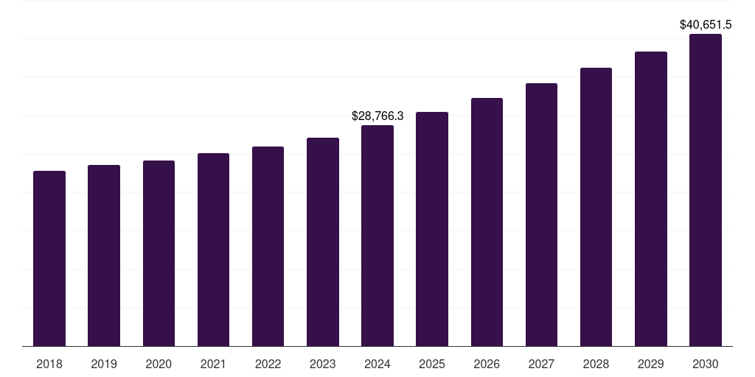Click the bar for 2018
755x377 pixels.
tap(49, 258)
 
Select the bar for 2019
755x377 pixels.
tap(104, 256)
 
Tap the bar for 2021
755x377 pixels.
tap(213, 250)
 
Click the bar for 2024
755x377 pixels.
tap(377, 236)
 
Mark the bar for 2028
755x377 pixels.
tap(596, 207)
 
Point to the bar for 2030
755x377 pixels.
tap(706, 190)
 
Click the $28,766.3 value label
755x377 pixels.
tap(377, 116)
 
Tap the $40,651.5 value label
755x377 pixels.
tap(706, 25)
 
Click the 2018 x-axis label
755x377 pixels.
tap(49, 364)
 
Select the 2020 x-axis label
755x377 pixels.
tap(159, 364)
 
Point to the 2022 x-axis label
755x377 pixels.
tap(268, 364)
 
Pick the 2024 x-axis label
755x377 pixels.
tap(377, 364)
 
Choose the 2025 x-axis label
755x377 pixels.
tap(432, 364)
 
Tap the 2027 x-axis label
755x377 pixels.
tap(541, 364)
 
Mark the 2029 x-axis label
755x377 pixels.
tap(651, 364)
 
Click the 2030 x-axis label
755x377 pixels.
tap(706, 364)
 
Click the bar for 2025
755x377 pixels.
tap(432, 229)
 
